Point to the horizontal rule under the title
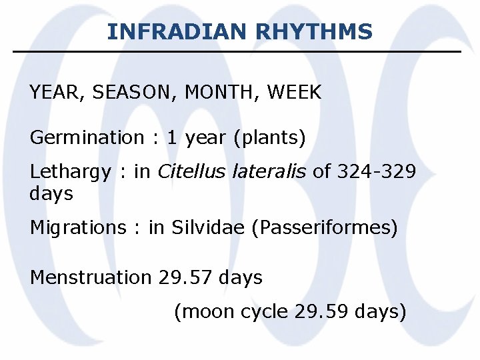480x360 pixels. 237,51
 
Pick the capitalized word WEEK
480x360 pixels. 294,93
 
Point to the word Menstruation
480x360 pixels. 91,277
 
